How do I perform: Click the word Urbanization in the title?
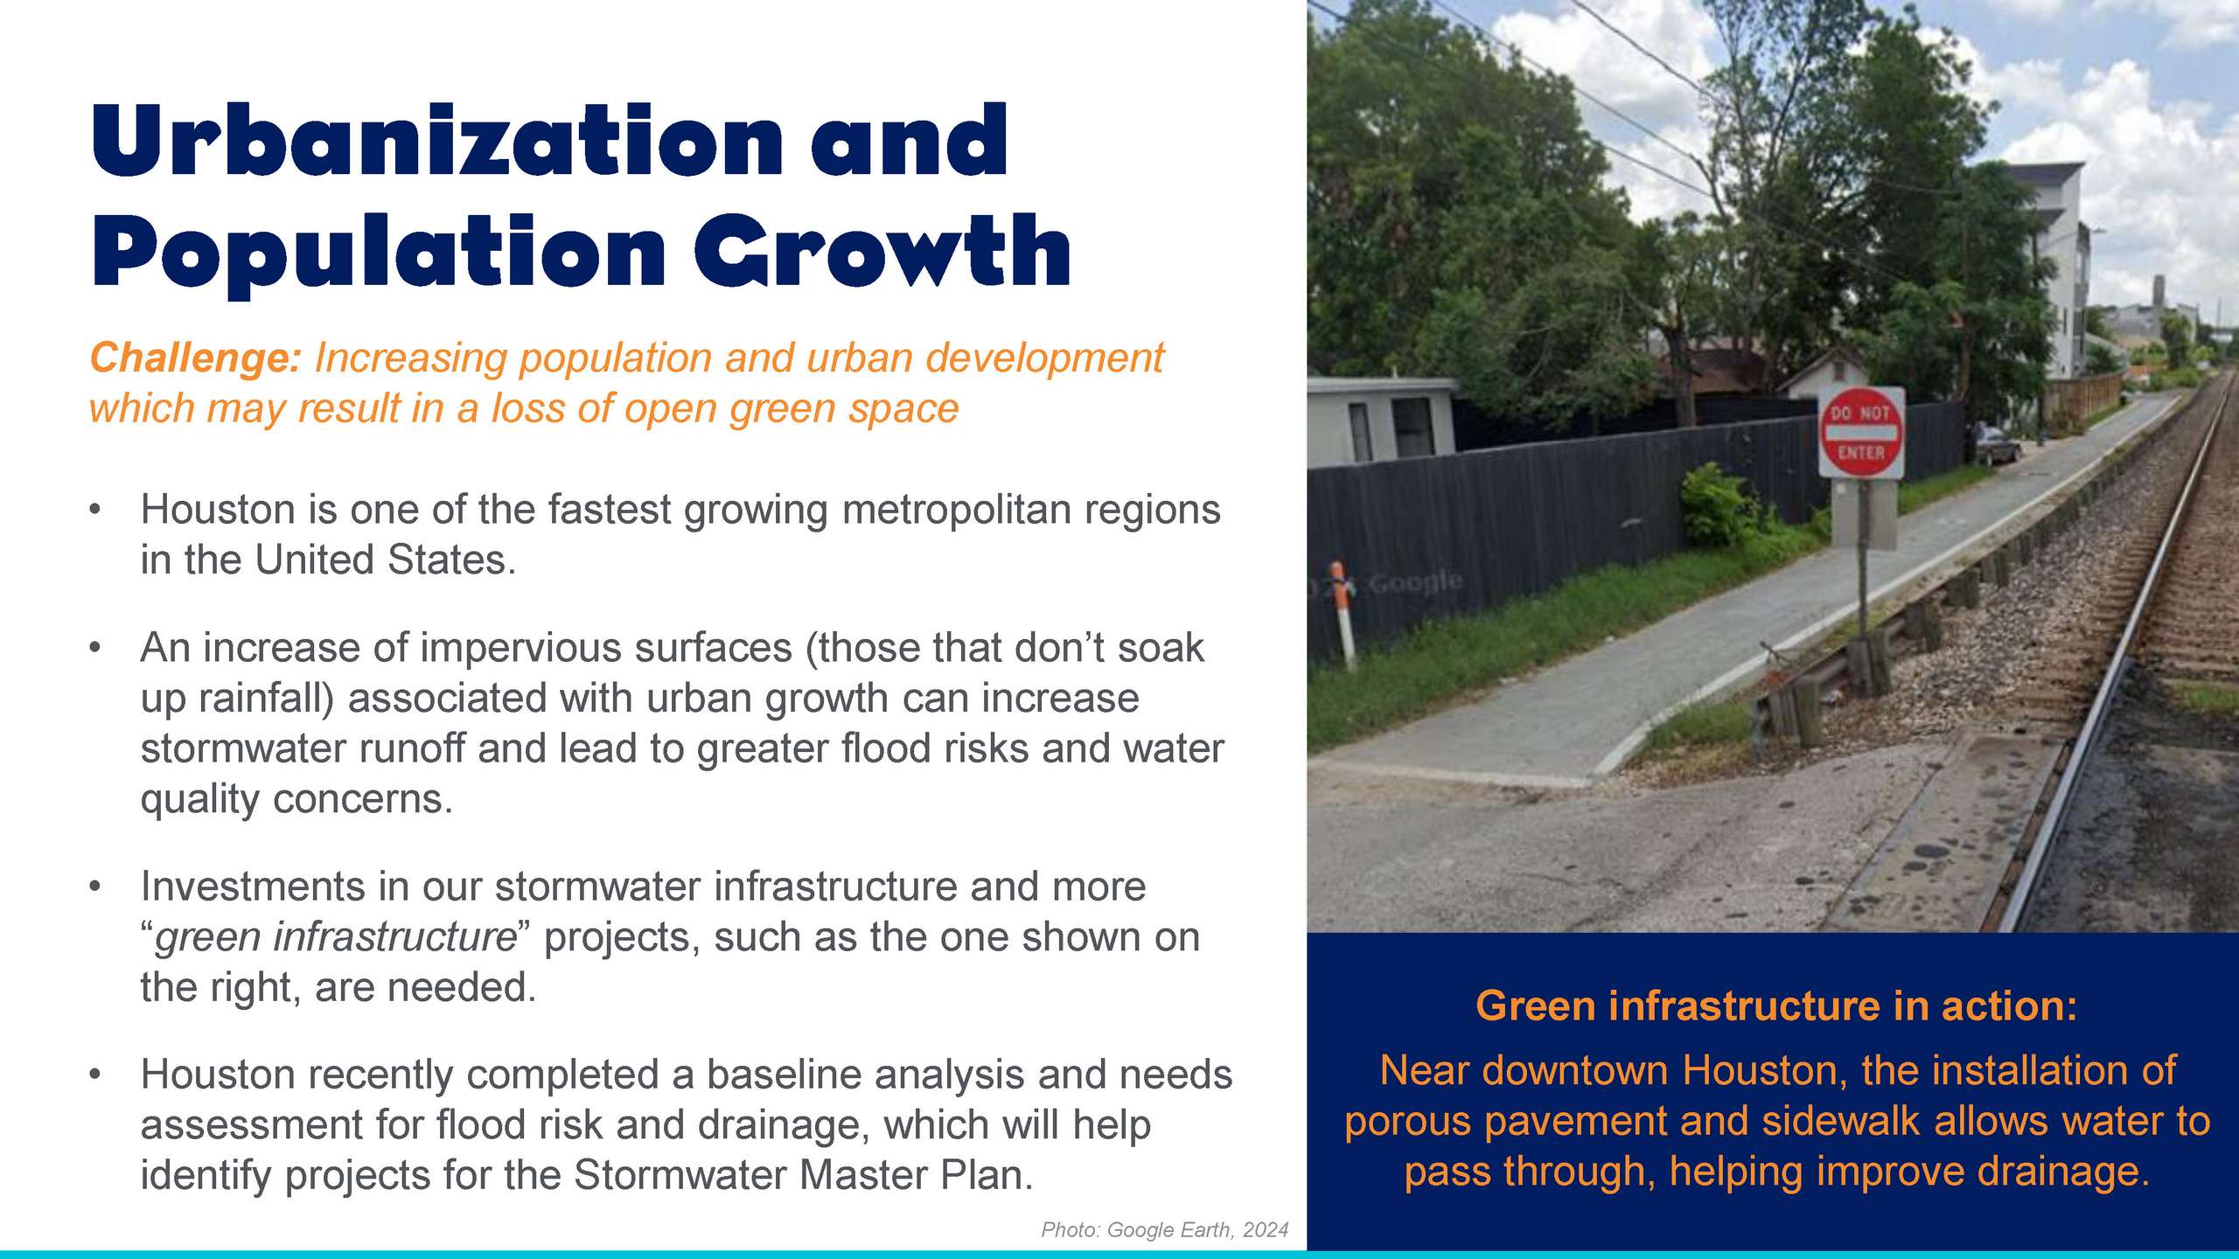pyautogui.click(x=436, y=141)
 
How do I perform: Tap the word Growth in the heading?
pyautogui.click(x=882, y=251)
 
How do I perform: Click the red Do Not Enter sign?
pyautogui.click(x=1860, y=433)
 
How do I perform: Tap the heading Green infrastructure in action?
pyautogui.click(x=1776, y=1005)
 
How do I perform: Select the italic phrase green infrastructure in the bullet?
pyautogui.click(x=336, y=937)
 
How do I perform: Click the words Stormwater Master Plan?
pyautogui.click(x=804, y=1175)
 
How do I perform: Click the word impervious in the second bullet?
pyautogui.click(x=519, y=649)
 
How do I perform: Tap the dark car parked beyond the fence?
pyautogui.click(x=1997, y=445)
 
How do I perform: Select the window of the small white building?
pyautogui.click(x=1412, y=428)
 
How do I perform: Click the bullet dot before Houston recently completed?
pyautogui.click(x=95, y=1074)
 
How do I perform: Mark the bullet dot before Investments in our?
pyautogui.click(x=95, y=887)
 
